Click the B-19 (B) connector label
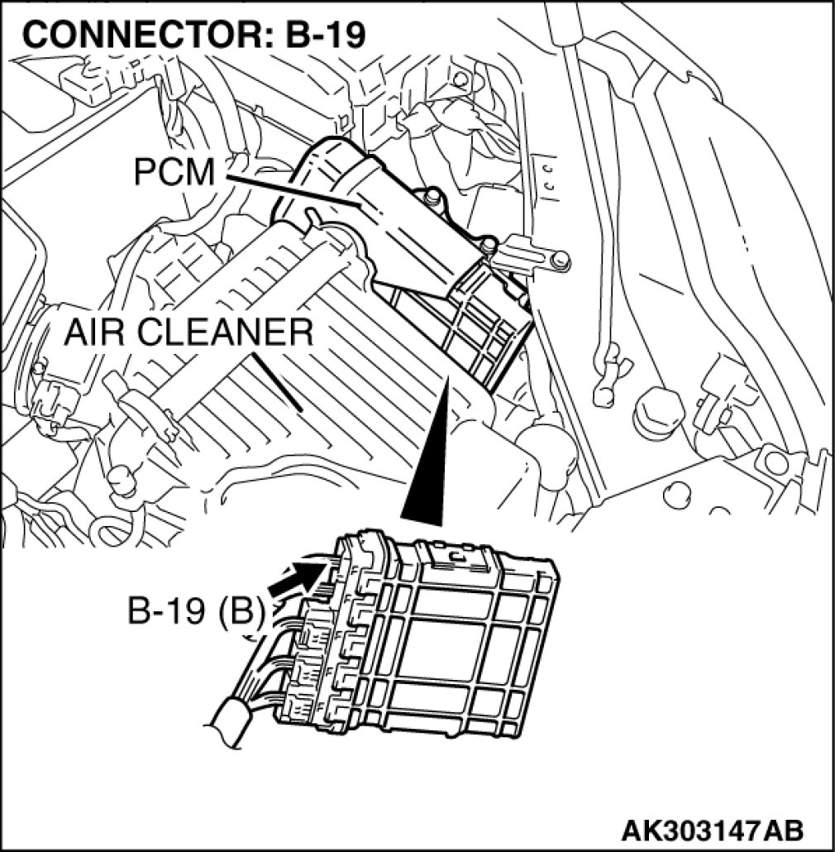[195, 613]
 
